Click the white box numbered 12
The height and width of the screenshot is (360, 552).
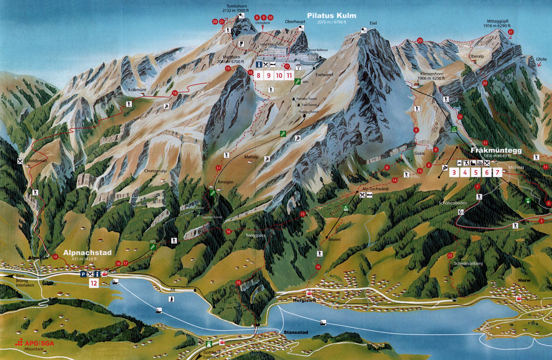point(94,283)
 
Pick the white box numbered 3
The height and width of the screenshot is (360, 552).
point(454,173)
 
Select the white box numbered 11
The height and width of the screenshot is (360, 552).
point(289,75)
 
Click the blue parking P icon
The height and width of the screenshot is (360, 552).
point(83,274)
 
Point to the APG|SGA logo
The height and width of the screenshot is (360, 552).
point(34,343)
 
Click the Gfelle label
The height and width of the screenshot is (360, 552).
point(541,59)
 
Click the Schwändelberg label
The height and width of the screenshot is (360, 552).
point(468,263)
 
